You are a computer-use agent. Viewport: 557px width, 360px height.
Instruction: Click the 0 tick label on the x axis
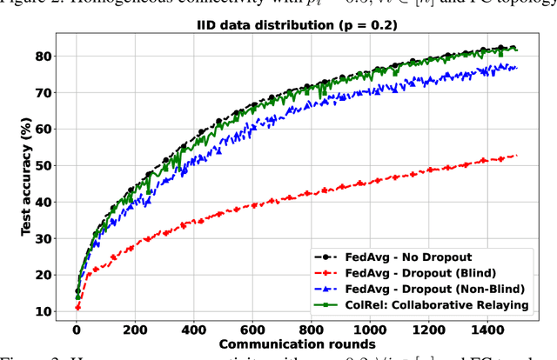76,330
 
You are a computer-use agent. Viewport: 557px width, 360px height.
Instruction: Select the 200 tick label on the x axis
134,330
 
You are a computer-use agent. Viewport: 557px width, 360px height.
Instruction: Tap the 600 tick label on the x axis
252,330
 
